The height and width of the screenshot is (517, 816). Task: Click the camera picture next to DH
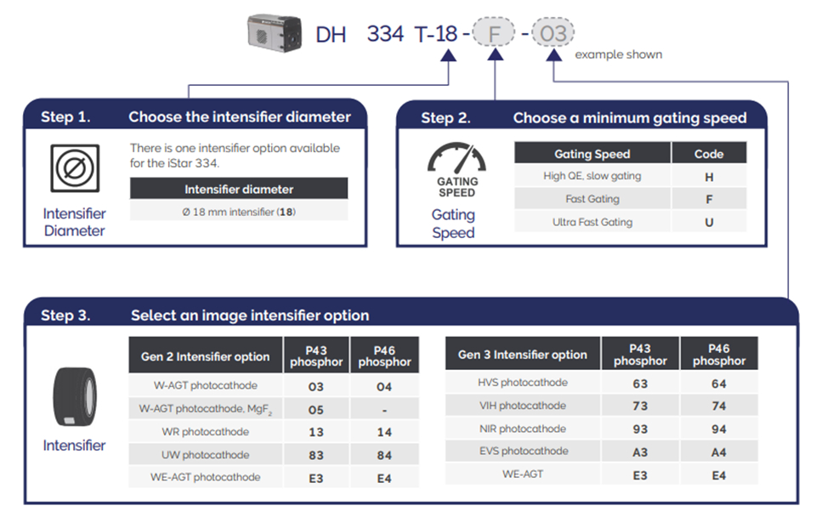pos(275,33)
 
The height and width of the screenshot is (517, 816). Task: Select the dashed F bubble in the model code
pos(493,33)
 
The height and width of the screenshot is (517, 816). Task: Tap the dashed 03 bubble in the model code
pos(552,33)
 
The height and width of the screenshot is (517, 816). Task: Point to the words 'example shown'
pos(618,54)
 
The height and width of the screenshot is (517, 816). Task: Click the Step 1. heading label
pos(65,117)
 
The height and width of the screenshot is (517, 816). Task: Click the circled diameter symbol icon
pos(75,168)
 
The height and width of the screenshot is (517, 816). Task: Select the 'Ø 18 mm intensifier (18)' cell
pos(239,212)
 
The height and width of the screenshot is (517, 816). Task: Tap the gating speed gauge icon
pos(457,158)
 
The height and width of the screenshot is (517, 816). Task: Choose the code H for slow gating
pos(709,177)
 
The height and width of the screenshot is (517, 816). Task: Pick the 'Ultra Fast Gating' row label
pos(592,222)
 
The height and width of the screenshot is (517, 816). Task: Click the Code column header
pos(709,154)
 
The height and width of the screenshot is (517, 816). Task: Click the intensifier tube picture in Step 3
pos(75,397)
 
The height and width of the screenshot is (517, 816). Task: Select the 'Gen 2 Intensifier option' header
pos(205,356)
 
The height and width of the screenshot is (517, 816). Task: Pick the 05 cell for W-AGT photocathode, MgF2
pos(316,410)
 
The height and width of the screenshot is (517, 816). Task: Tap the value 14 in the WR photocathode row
pos(384,432)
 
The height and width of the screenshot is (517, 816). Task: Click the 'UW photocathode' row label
pos(205,455)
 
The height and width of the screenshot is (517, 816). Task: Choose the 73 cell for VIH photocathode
pos(640,406)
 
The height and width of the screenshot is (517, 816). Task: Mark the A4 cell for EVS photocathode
pos(719,452)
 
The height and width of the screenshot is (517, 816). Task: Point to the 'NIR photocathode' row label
pos(523,429)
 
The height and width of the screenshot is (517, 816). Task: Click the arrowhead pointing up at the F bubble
pos(495,54)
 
